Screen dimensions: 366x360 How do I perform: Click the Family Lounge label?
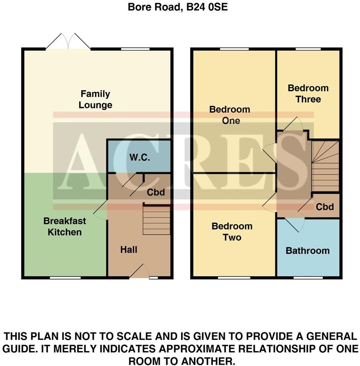pyautogui.click(x=95, y=100)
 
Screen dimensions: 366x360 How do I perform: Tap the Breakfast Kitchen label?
pyautogui.click(x=64, y=226)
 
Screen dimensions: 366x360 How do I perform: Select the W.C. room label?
pyautogui.click(x=139, y=158)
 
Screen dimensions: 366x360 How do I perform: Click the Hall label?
pyautogui.click(x=129, y=250)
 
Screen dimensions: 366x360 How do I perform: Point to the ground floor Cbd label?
pyautogui.click(x=155, y=192)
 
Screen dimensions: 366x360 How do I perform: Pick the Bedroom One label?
pyautogui.click(x=230, y=115)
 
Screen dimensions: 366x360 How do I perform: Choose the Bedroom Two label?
pyautogui.click(x=232, y=232)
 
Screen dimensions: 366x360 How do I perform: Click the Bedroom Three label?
pyautogui.click(x=308, y=94)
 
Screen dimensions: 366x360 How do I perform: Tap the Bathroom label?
pyautogui.click(x=307, y=251)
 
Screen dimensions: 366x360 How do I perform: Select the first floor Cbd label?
pyautogui.click(x=325, y=207)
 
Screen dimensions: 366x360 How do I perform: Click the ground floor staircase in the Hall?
pyautogui.click(x=156, y=220)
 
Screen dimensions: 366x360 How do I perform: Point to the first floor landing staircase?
pyautogui.click(x=325, y=165)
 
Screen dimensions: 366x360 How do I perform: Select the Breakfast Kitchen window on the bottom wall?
pyautogui.click(x=65, y=277)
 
